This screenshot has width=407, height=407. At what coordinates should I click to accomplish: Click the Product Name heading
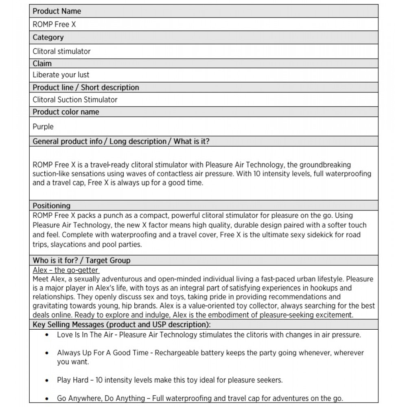point(57,11)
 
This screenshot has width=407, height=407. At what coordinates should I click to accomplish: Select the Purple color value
point(43,127)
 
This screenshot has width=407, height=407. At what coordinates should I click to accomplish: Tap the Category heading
point(48,37)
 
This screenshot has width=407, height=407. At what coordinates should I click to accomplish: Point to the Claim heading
point(42,63)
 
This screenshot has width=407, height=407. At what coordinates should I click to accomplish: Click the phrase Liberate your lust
point(61,75)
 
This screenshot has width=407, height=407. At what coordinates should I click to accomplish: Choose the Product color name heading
point(66,112)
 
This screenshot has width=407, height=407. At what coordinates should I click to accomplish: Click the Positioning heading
point(51,206)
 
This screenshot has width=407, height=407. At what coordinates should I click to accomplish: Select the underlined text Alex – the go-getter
point(66,270)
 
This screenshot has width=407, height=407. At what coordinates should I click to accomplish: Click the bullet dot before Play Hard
point(47,380)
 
